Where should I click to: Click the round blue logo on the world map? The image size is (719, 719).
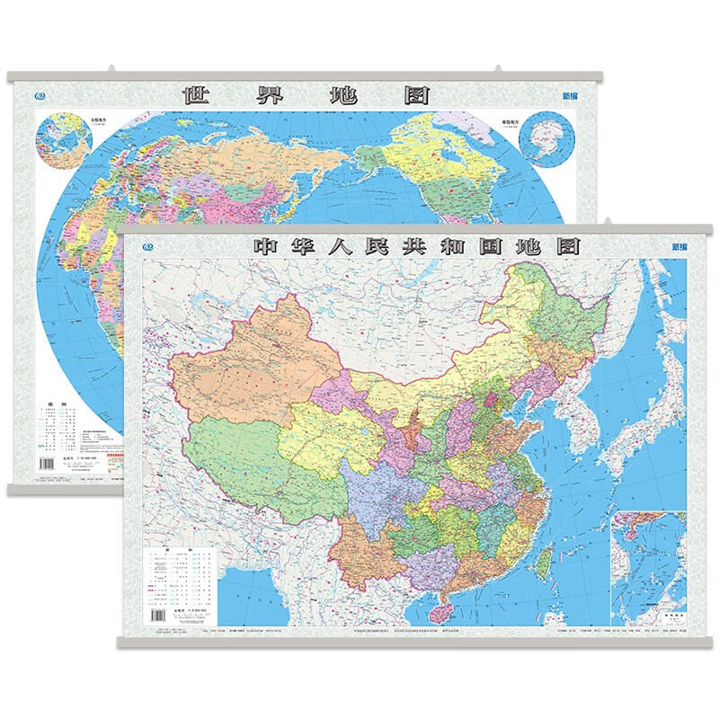37,96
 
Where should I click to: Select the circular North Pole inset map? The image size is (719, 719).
60,140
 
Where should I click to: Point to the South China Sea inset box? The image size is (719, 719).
647,566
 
